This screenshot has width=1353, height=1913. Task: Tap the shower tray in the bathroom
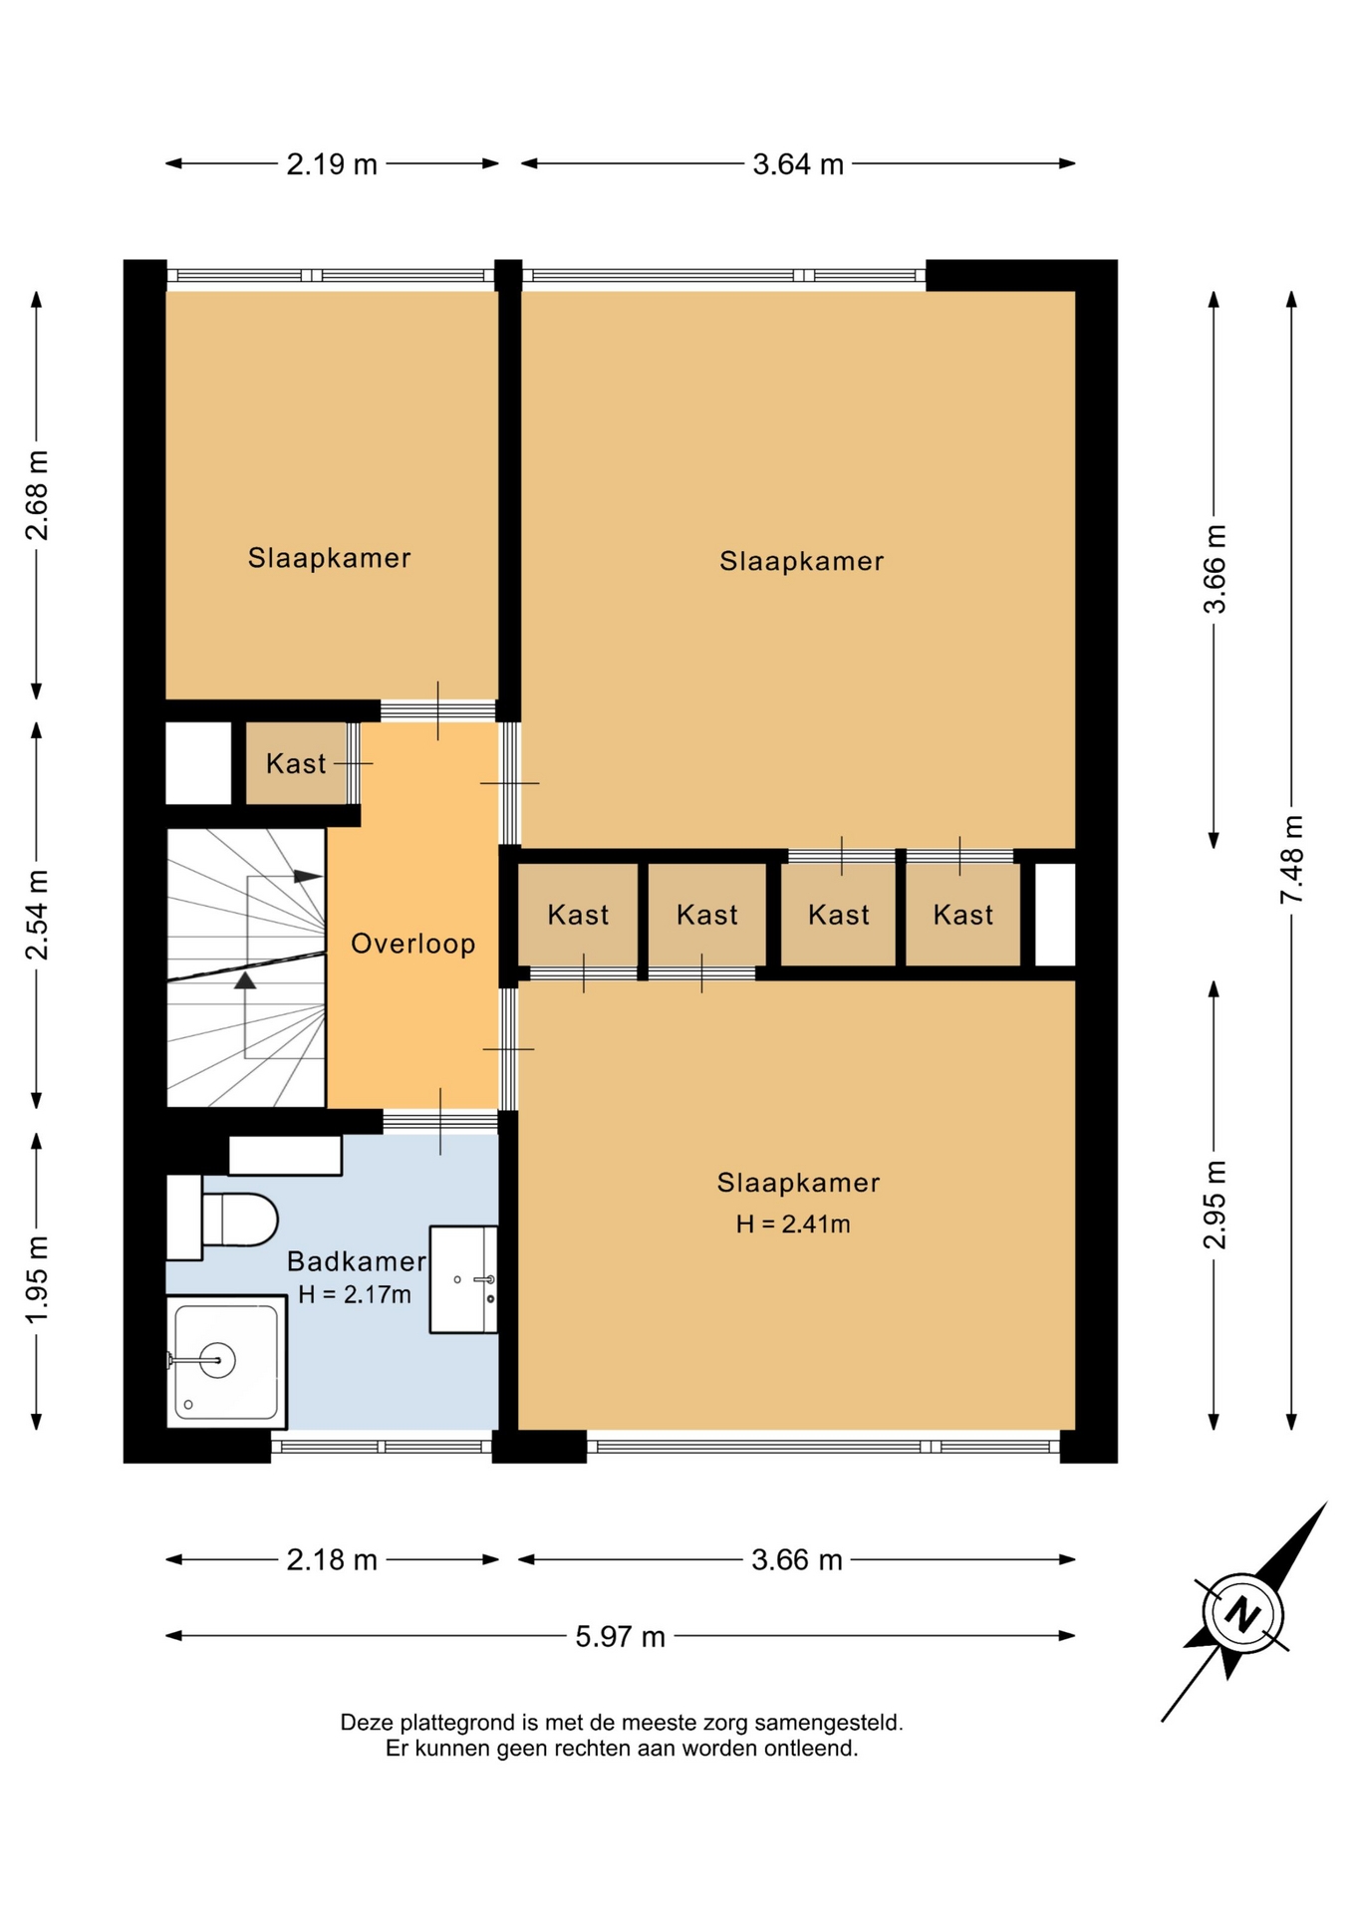226,1362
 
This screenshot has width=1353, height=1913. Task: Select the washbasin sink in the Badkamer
463,1279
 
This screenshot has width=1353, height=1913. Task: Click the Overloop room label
413,944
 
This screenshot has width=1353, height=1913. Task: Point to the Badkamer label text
357,1261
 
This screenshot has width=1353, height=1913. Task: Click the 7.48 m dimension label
1291,860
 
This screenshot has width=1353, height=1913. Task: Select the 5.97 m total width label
620,1637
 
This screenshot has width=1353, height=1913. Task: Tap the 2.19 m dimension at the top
332,164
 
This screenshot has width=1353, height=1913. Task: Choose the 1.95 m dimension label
37,1281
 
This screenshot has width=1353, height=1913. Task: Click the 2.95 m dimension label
1215,1205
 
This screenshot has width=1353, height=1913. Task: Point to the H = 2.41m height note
793,1225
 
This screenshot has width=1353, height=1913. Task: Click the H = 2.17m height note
355,1295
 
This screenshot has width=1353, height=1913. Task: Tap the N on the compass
1241,1613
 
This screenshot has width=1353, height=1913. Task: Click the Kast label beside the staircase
296,764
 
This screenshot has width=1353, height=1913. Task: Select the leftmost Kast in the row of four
578,915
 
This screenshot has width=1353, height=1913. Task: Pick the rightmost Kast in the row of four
963,915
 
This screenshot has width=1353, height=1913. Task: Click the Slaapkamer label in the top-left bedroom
330,558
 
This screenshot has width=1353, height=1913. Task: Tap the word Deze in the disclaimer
368,1723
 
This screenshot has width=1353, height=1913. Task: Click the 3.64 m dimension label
798,164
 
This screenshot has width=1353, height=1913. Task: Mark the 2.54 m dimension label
37,915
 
